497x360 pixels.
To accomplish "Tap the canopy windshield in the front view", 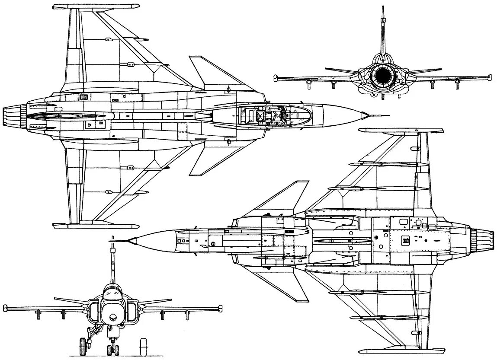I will pos(113,294).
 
